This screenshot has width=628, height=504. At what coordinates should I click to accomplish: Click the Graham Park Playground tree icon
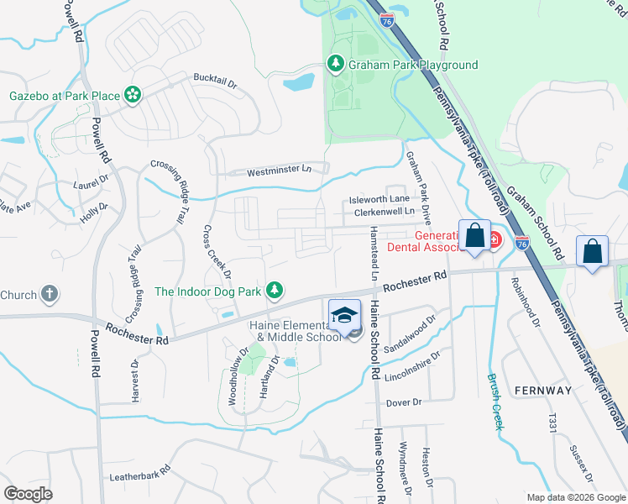(x=335, y=65)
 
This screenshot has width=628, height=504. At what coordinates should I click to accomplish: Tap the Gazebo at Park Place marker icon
(x=133, y=96)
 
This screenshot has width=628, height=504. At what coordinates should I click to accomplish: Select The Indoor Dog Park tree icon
(x=273, y=291)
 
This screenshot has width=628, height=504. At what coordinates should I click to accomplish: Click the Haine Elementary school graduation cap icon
(x=343, y=315)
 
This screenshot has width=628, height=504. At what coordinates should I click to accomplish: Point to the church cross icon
(x=50, y=294)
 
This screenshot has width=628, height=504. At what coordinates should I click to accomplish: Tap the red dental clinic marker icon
(x=494, y=239)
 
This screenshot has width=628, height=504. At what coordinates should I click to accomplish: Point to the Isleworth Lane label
(x=379, y=199)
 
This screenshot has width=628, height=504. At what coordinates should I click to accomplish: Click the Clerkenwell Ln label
(x=385, y=213)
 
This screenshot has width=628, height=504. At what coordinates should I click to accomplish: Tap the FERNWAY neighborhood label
(x=543, y=391)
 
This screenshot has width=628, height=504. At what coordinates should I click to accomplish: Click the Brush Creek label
(x=495, y=401)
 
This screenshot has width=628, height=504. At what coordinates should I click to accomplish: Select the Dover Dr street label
(x=404, y=402)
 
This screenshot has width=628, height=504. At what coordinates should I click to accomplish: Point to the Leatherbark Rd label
(x=140, y=477)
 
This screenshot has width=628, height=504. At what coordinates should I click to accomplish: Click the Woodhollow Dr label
(x=238, y=377)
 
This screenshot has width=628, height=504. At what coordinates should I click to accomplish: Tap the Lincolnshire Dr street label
(x=411, y=362)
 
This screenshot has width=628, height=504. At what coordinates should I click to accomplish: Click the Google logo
(x=28, y=493)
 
